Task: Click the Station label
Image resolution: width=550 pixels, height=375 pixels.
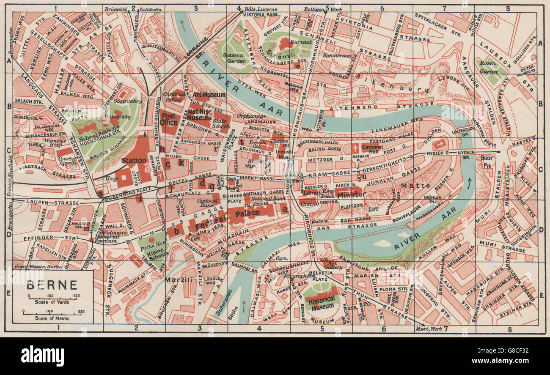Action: click(x=134, y=161)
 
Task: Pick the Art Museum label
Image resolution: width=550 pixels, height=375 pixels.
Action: click(x=209, y=95)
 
